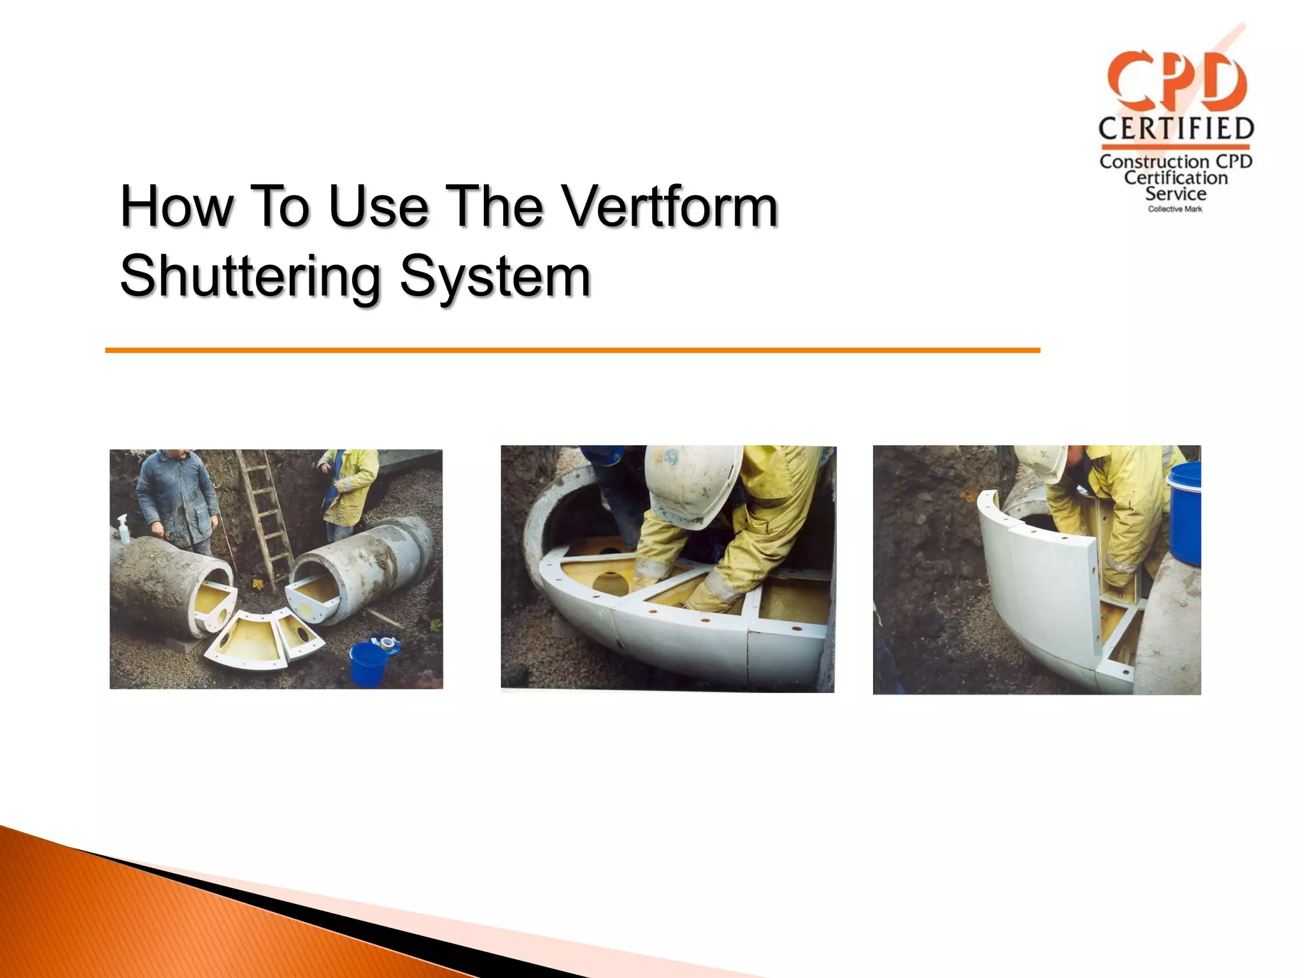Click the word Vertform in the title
(671, 206)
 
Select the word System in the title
(495, 276)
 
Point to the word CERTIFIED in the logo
(1176, 129)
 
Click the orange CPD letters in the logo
(1176, 81)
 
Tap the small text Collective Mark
(1175, 209)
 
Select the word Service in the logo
(1175, 194)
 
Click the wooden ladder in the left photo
(264, 516)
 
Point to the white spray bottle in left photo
(124, 529)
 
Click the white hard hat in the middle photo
(691, 484)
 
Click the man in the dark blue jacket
(177, 500)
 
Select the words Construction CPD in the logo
(1175, 162)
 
